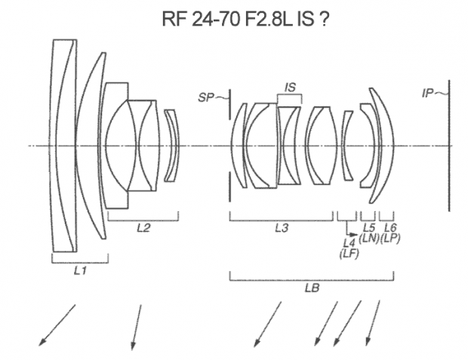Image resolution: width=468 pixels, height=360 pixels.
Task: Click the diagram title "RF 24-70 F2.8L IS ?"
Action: pos(245,19)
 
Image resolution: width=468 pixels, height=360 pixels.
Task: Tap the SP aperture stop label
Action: pos(206,97)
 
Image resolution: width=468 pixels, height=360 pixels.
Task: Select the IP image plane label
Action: pos(427,94)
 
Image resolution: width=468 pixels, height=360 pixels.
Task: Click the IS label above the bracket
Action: pos(290,87)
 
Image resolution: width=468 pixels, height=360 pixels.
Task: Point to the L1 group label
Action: pos(80,271)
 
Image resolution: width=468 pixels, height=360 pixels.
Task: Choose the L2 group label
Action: pos(143,228)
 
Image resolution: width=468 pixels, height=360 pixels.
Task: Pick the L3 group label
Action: pos(282,228)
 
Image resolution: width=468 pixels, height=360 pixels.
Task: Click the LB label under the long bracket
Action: pos(313,288)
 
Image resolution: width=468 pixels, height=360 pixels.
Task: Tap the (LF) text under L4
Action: pos(349,254)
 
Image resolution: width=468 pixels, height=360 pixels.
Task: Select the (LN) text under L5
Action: pos(369,238)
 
